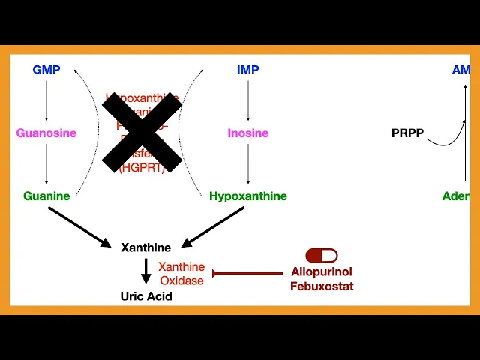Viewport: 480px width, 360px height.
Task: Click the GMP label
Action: pos(46,70)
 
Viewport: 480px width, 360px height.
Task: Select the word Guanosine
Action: pos(46,133)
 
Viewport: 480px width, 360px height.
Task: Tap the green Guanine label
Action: pos(46,196)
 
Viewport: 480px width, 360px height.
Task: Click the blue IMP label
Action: pos(248,70)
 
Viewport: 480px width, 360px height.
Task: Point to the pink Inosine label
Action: pos(248,133)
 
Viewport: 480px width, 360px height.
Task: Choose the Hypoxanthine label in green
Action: pos(248,196)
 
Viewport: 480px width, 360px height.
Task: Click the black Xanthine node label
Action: pos(146,247)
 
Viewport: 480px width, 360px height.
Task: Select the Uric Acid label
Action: pos(146,296)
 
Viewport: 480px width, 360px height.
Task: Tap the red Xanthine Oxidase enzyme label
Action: pos(181,274)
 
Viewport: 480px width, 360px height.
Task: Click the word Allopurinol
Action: pos(322,271)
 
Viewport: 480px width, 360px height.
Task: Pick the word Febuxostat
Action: pos(322,286)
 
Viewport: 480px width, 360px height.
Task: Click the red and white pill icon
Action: pos(322,256)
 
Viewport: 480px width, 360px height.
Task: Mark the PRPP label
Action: pos(407,133)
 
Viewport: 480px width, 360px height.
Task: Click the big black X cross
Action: pos(142,133)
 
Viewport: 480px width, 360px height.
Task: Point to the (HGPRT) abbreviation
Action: pos(142,169)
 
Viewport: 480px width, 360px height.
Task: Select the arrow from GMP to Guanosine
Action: pos(46,102)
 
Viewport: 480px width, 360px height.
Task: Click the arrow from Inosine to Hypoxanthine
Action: pos(248,165)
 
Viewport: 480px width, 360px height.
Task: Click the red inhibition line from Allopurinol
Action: pos(247,273)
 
